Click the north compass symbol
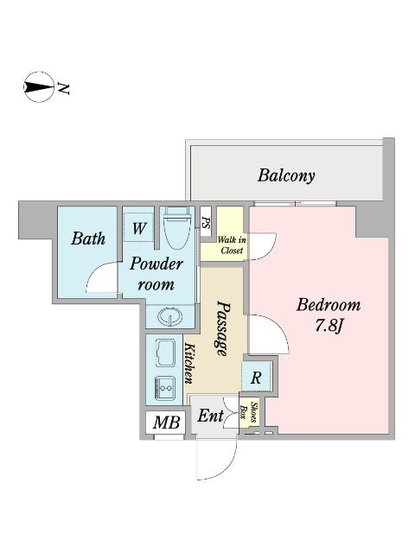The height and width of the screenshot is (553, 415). click(39, 86)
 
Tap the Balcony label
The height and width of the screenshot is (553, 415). click(286, 175)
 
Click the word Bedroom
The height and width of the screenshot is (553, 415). click(329, 305)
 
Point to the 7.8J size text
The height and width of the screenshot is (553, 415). click(329, 326)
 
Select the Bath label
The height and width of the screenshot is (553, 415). click(88, 238)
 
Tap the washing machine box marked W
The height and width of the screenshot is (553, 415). click(138, 227)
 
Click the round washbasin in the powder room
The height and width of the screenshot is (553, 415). click(170, 316)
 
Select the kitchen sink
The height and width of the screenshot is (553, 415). click(165, 353)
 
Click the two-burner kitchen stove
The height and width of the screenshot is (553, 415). click(165, 388)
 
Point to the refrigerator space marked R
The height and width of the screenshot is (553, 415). click(256, 377)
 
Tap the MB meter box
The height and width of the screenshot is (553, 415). click(166, 423)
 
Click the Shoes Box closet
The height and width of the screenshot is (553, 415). click(248, 413)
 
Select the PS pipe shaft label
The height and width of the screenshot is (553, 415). click(206, 222)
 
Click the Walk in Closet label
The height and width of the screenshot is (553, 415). click(232, 245)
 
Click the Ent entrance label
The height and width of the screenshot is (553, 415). click(210, 416)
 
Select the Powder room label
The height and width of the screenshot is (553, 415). click(156, 274)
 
